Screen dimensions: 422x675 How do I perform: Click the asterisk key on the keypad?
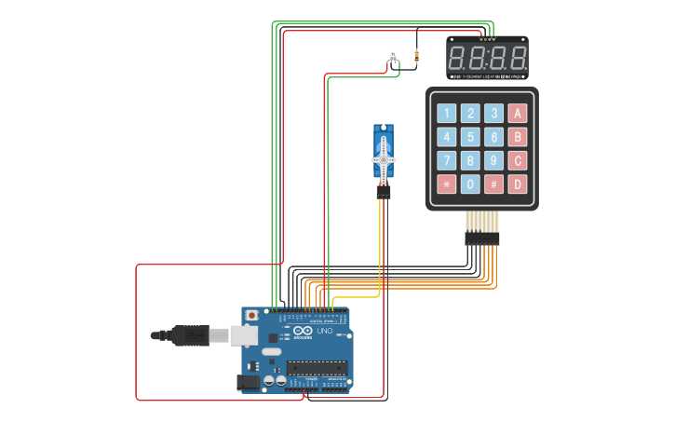pos(447,184)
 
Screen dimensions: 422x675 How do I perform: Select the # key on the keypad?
pos(494,184)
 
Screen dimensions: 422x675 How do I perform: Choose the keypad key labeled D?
pos(518,184)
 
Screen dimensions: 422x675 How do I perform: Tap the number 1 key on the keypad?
pos(447,114)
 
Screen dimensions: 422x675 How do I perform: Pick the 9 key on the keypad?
pos(494,160)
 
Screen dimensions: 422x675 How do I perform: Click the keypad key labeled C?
pos(518,160)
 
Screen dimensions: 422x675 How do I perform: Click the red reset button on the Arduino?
pos(251,316)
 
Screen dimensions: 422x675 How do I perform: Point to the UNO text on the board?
pos(325,332)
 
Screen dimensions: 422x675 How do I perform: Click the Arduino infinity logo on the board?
pos(304,332)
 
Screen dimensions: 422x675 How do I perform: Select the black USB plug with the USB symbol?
pos(190,335)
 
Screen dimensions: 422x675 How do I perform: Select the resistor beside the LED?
pos(415,58)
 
